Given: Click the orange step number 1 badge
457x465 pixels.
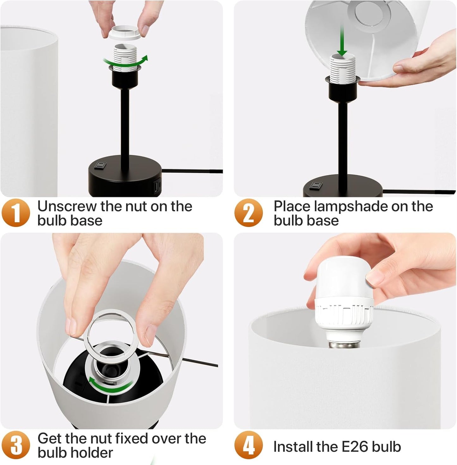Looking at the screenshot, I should pyautogui.click(x=16, y=213).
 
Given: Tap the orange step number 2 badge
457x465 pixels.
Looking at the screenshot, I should pyautogui.click(x=249, y=213).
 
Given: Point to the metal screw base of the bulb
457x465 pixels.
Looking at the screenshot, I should pyautogui.click(x=337, y=343).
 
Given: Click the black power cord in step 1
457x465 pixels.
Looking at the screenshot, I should pyautogui.click(x=193, y=171).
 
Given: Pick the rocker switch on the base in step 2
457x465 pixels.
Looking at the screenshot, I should pyautogui.click(x=315, y=185).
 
